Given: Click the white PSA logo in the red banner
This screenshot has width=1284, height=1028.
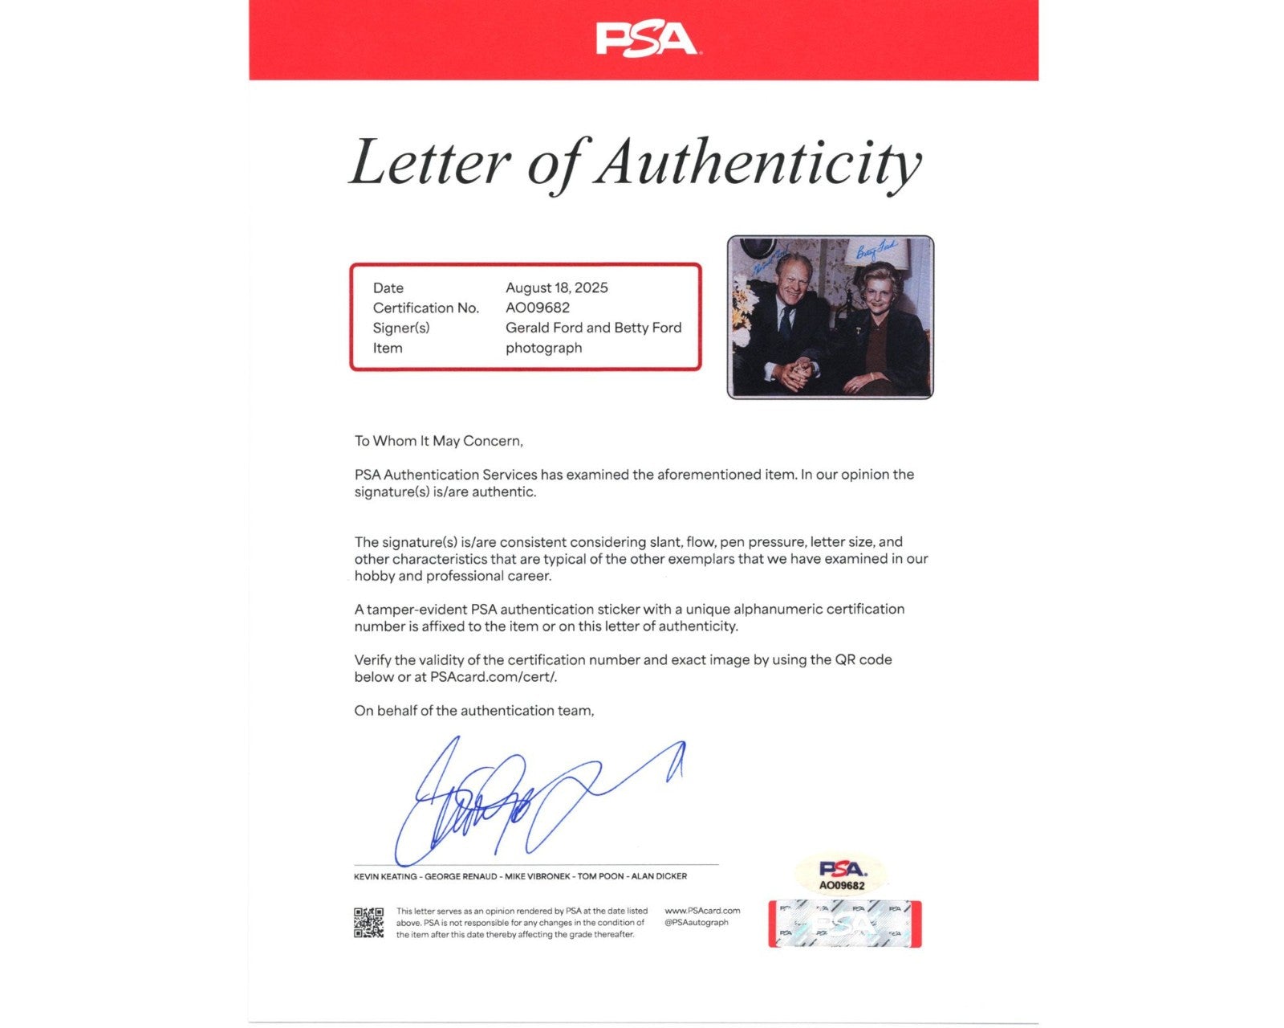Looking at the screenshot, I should pos(645,39).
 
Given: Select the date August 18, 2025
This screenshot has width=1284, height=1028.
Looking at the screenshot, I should pos(556,288).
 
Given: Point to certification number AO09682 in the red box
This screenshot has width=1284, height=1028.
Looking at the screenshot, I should pos(537,308).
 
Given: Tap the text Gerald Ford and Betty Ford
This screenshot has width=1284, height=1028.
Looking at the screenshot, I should pos(593,328).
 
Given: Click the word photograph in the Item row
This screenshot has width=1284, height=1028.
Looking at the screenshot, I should pos(543,348).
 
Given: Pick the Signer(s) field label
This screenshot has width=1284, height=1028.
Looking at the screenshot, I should pos(400,328).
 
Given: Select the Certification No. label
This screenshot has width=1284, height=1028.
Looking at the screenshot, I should pos(425,308).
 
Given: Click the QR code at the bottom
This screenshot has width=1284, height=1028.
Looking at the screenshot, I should pos(368,923).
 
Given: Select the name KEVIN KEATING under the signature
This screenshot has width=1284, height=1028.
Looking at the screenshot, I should pos(385,876).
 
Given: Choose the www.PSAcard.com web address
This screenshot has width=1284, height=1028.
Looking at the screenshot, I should pos(702,911).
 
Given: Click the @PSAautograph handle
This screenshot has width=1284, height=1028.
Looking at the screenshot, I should pos(696,923).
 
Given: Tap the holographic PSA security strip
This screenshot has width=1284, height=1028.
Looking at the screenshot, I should pos(844,924).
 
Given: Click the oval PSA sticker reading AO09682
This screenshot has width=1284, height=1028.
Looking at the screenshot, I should pos(842,875).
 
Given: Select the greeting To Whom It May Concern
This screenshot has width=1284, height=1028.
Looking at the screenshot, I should pos(438,441).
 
